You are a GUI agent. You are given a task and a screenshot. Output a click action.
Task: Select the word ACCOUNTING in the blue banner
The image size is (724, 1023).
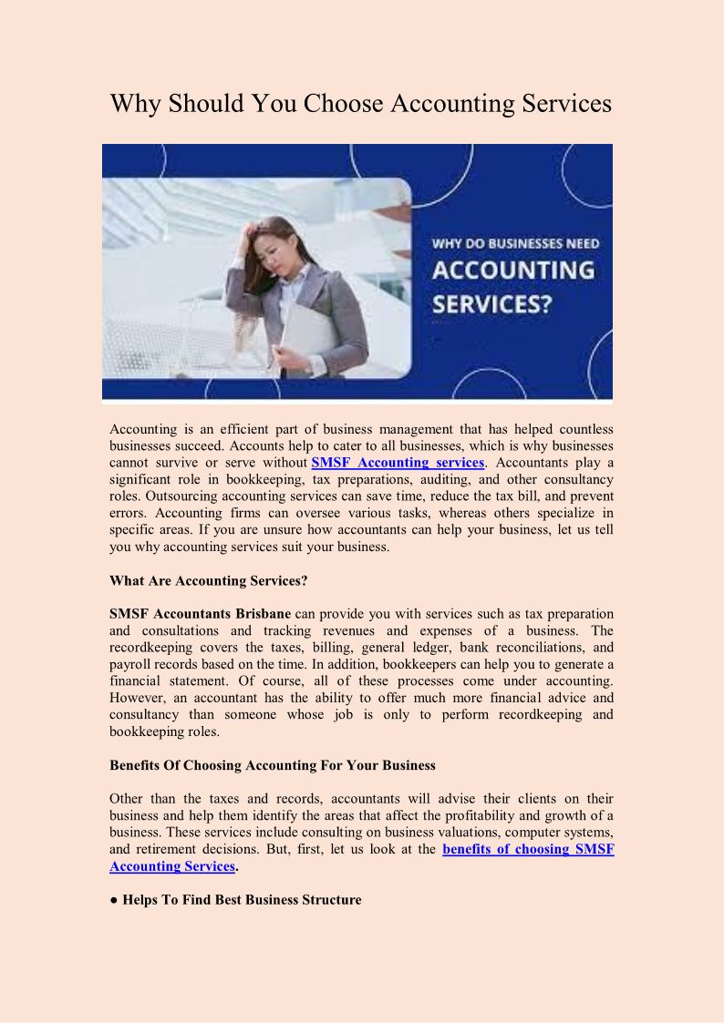pyautogui.click(x=512, y=271)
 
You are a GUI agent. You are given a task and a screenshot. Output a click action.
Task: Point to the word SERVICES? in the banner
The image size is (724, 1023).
pyautogui.click(x=491, y=302)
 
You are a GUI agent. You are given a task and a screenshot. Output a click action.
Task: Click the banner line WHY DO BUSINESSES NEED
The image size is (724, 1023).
pyautogui.click(x=514, y=243)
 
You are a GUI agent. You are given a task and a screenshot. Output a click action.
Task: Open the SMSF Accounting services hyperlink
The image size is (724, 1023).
pyautogui.click(x=398, y=463)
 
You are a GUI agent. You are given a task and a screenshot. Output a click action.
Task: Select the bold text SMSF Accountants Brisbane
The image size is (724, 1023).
pyautogui.click(x=200, y=614)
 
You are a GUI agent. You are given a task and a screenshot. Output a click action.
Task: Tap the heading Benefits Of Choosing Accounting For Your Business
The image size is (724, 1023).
pyautogui.click(x=273, y=765)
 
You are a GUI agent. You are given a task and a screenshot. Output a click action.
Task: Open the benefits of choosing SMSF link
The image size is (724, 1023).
pyautogui.click(x=528, y=849)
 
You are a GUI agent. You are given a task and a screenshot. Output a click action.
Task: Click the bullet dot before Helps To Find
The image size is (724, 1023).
pyautogui.click(x=114, y=900)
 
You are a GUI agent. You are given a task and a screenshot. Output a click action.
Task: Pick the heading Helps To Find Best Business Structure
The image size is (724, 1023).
pyautogui.click(x=242, y=900)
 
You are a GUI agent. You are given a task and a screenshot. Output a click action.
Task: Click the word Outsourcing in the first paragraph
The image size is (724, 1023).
pyautogui.click(x=147, y=496)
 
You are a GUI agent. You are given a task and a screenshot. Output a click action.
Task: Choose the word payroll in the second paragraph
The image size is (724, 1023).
pyautogui.click(x=130, y=664)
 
